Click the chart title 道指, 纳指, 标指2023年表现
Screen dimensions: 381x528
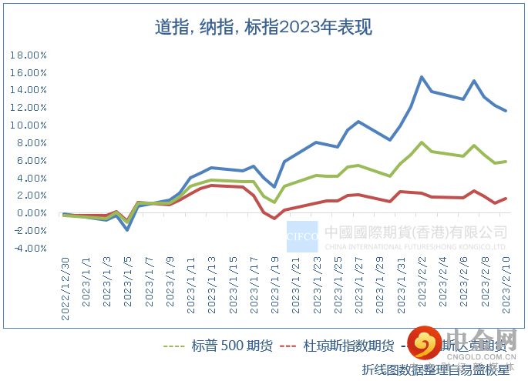click(263, 28)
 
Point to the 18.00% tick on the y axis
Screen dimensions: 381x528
click(29, 55)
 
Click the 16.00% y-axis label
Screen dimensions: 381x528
click(29, 72)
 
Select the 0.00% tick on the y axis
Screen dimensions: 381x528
click(31, 213)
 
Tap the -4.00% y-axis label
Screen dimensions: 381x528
click(30, 249)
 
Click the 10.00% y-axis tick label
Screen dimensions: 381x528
click(29, 125)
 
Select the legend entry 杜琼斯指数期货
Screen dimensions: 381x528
click(348, 346)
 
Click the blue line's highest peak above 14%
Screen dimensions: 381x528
click(422, 77)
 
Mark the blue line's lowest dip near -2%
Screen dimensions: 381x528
click(127, 229)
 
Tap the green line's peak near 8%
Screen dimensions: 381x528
click(422, 142)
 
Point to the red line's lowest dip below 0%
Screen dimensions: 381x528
click(274, 219)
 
